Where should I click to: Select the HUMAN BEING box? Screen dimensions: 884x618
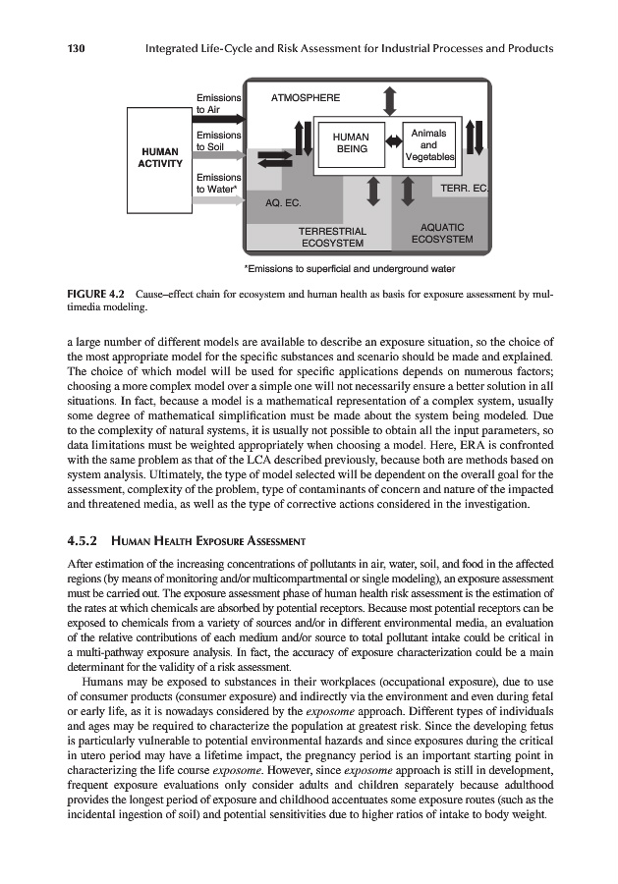click(x=350, y=143)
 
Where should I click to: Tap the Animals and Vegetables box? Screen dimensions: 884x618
click(x=428, y=144)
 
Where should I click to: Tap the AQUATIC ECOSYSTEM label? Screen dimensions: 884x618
click(x=441, y=233)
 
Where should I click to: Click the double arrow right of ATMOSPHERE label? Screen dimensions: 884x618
click(x=390, y=98)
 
